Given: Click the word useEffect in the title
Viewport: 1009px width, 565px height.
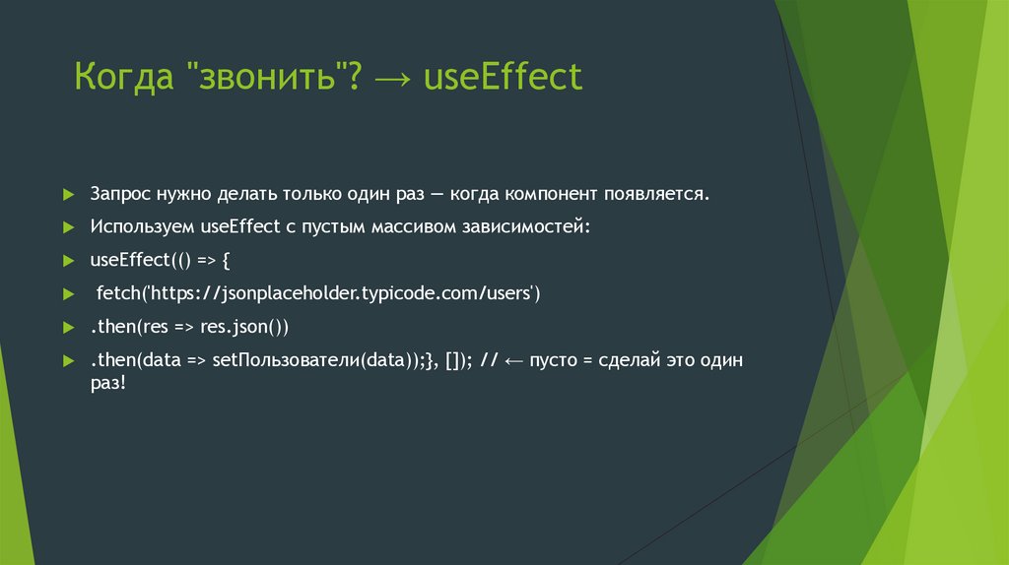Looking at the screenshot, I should [x=504, y=78].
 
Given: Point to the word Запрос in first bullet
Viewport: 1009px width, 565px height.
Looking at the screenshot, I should [x=119, y=195].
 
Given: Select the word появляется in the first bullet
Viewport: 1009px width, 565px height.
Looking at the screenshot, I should [x=654, y=194].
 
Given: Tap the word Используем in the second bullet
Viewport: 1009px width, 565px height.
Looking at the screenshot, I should [x=143, y=227].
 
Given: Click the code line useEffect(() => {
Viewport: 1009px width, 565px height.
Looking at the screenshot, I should [x=160, y=261].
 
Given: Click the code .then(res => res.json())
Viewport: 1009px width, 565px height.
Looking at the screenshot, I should [x=188, y=327].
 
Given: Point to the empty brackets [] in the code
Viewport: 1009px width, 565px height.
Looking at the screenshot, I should [x=454, y=360].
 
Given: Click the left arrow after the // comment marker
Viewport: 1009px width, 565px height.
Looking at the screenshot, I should [x=513, y=360].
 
